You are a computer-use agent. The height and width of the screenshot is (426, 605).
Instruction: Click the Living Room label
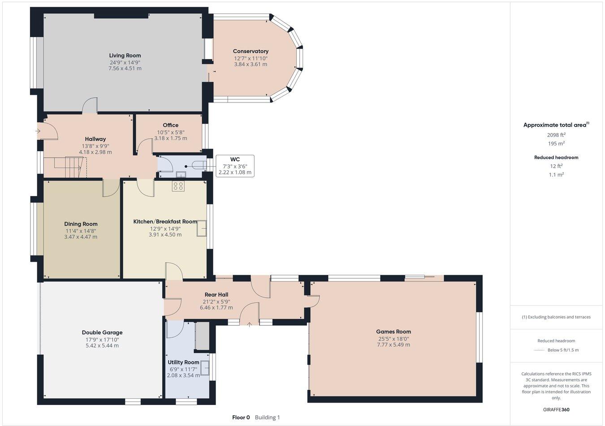tap(125, 55)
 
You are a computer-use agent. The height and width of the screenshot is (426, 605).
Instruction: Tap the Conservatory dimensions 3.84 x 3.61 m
tap(251, 64)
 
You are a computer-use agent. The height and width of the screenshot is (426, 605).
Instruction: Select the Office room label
tap(170, 125)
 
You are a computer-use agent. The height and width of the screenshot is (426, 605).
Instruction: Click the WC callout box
tap(235, 166)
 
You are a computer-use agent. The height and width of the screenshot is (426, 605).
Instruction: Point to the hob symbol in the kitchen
tap(178, 187)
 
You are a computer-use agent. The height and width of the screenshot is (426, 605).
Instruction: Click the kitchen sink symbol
tap(201, 228)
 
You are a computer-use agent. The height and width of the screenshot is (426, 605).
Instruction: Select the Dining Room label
tap(81, 224)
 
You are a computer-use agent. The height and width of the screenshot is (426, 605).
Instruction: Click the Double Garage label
tap(102, 332)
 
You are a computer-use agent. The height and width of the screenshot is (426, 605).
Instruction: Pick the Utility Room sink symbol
tap(205, 367)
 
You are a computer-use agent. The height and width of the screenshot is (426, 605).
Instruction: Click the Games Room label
tap(393, 332)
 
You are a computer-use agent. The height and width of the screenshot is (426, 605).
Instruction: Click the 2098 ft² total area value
tap(556, 135)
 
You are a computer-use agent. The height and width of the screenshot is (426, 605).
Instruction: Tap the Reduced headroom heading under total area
tap(556, 158)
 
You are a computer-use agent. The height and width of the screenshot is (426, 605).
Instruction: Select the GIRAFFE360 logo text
tap(556, 409)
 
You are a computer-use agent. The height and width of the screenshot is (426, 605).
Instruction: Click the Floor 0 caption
tap(241, 417)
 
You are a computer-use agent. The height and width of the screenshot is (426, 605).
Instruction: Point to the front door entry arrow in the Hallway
tap(38, 131)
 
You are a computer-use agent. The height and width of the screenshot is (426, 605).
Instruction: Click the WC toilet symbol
tap(197, 165)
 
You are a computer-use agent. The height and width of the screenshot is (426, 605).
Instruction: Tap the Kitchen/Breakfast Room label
tap(165, 222)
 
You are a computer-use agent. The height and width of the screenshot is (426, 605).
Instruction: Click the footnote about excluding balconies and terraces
tap(556, 317)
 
